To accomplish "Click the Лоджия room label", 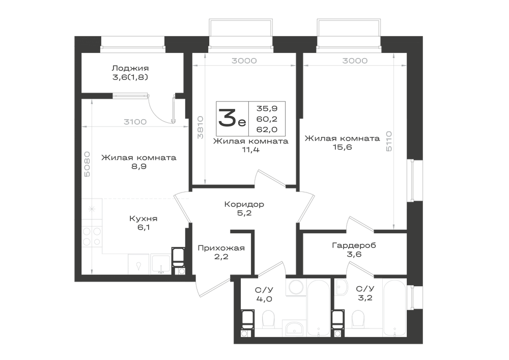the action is point(130,68).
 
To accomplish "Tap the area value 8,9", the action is point(138,167).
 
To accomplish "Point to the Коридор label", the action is point(244,204).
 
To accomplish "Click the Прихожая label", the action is point(221,248).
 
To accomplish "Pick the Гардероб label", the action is point(354,245).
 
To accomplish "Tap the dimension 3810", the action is point(200,128).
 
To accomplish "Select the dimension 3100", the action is point(135,122).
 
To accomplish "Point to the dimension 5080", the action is point(87,164).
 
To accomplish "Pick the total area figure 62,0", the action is point(267,129).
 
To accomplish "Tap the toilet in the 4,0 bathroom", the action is point(268,319).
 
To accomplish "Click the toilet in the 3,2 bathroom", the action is point(358,319).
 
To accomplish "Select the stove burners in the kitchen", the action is point(92,236).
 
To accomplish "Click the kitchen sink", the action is point(161,264).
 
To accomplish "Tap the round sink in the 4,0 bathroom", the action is point(296,288).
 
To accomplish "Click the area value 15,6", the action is point(342,147).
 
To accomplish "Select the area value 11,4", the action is point(250,150).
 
